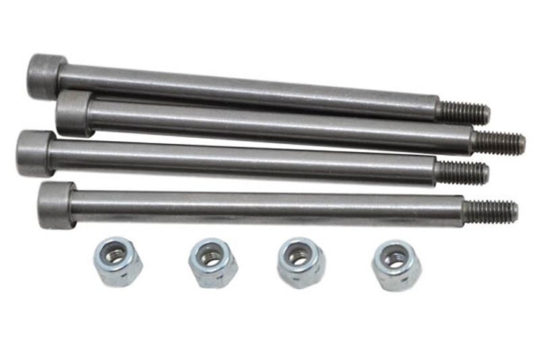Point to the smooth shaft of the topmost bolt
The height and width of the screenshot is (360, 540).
(x=243, y=90)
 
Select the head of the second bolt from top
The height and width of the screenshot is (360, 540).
(x=75, y=113)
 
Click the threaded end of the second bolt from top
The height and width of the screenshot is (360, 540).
(x=498, y=142)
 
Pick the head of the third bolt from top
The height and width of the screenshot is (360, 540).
(x=35, y=153)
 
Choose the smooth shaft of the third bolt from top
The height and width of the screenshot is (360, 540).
(x=243, y=162)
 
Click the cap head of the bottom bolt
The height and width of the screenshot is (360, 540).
(x=57, y=205)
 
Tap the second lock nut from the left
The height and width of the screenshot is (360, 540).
(x=212, y=262)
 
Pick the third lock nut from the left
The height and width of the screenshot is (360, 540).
(x=300, y=262)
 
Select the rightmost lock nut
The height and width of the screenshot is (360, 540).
(x=393, y=264)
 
